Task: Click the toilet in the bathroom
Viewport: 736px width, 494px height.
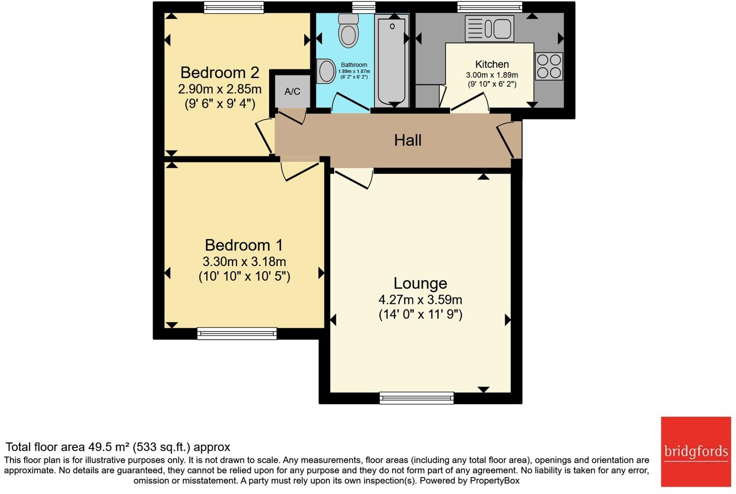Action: point(348,31)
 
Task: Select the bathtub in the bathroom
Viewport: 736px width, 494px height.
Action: point(391,60)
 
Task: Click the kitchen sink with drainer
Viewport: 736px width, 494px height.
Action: point(489,28)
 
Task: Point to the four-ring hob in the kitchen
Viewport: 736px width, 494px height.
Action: point(549,66)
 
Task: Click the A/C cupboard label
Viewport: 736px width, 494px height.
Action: point(292,91)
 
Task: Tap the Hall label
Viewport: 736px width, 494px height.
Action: point(408,140)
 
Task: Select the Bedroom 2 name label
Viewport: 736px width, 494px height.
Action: point(219,73)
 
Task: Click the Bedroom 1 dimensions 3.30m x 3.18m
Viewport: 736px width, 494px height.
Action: point(244,262)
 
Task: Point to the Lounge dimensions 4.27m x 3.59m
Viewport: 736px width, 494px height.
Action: point(420,300)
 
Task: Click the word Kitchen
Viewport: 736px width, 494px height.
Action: point(492,64)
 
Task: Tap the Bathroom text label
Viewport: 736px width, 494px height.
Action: point(354,65)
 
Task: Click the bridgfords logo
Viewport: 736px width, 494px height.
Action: point(696,451)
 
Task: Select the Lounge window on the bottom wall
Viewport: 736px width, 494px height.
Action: point(417,398)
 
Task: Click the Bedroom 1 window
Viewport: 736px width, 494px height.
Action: point(237,334)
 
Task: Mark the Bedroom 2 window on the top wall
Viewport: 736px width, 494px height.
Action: point(234,7)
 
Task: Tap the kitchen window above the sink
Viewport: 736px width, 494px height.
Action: point(490,7)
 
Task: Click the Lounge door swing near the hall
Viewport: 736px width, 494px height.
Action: point(353,178)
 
